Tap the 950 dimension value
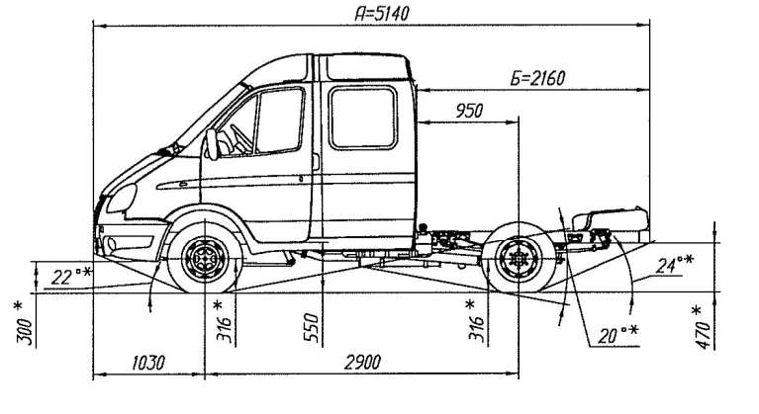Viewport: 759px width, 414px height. [x=467, y=111]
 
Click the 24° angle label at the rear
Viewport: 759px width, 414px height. [x=674, y=263]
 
